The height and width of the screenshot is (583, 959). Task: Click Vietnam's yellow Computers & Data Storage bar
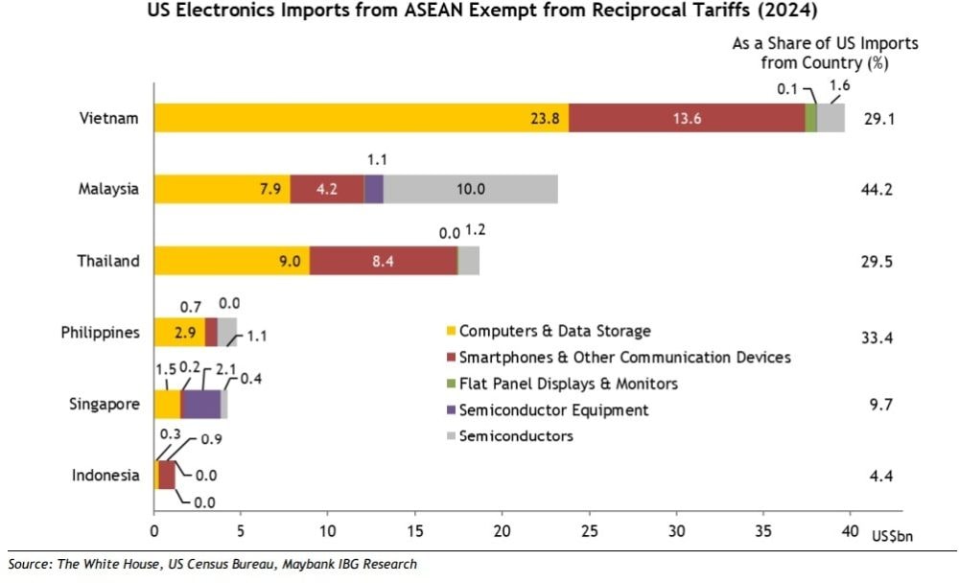click(362, 118)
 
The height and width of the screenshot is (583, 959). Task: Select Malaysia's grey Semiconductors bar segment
click(470, 189)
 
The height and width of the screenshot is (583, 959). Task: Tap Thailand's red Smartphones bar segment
click(384, 261)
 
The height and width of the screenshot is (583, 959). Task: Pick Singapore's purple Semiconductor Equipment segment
click(201, 405)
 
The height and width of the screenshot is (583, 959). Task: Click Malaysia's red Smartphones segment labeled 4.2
click(327, 189)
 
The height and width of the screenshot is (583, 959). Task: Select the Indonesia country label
click(105, 476)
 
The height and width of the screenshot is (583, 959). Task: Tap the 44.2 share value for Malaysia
click(877, 189)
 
